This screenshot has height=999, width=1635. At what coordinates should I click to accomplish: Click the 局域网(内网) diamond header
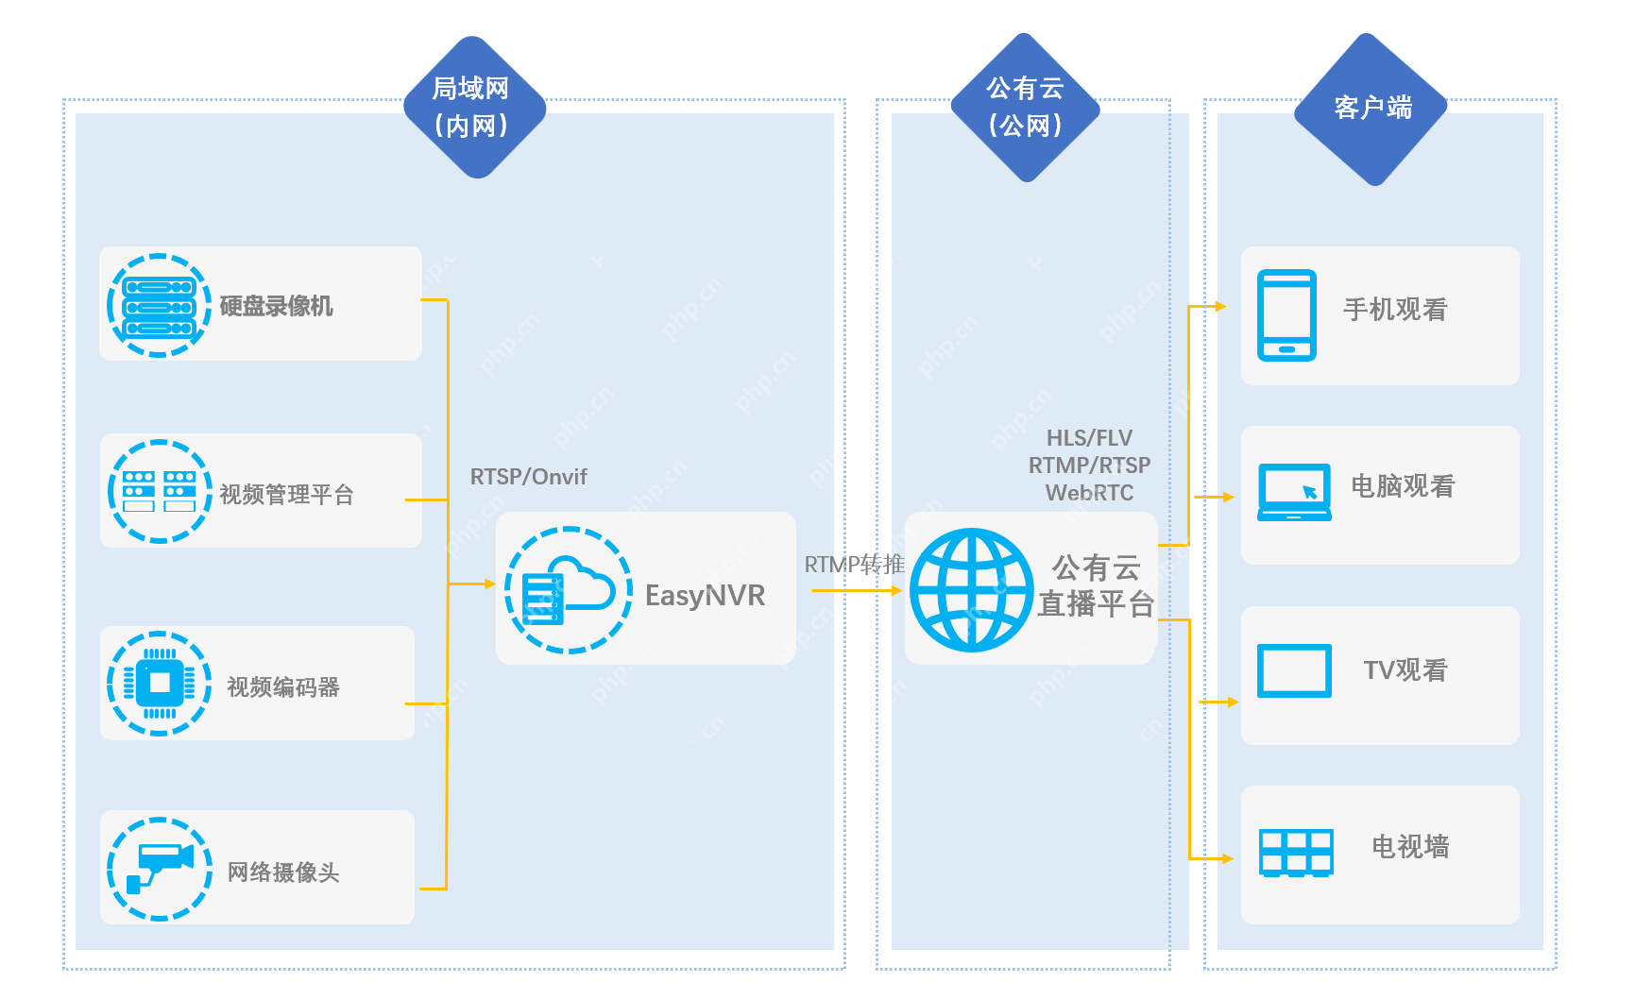pyautogui.click(x=474, y=107)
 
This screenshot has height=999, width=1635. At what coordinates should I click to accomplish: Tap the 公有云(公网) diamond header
pyautogui.click(x=1025, y=107)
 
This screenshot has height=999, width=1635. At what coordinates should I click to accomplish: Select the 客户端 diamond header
pyautogui.click(x=1371, y=109)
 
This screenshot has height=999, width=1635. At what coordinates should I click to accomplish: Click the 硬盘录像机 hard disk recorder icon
pyautogui.click(x=159, y=306)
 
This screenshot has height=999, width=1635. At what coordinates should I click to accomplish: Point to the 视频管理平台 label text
pyautogui.click(x=286, y=495)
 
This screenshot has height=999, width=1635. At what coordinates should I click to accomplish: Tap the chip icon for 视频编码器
pyautogui.click(x=159, y=683)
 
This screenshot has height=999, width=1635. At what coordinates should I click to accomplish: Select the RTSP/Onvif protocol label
pyautogui.click(x=528, y=477)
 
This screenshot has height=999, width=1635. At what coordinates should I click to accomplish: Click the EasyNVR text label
pyautogui.click(x=705, y=596)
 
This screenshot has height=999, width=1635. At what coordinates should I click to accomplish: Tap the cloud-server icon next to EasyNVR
pyautogui.click(x=568, y=590)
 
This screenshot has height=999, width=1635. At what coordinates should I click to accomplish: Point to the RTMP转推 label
pyautogui.click(x=854, y=565)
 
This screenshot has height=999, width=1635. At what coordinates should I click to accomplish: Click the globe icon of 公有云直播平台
pyautogui.click(x=971, y=590)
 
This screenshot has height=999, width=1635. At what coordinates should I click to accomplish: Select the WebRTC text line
pyautogui.click(x=1089, y=493)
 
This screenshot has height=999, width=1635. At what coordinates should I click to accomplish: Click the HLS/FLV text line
pyautogui.click(x=1089, y=438)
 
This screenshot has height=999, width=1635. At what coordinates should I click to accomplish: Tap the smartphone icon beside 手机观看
pyautogui.click(x=1286, y=315)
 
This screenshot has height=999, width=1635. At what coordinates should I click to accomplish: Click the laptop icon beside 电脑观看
pyautogui.click(x=1294, y=492)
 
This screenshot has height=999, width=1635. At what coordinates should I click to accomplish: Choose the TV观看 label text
pyautogui.click(x=1405, y=670)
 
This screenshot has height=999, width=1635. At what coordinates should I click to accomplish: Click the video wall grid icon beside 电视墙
pyautogui.click(x=1296, y=853)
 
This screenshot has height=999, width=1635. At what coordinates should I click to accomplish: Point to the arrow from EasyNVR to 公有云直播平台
pyautogui.click(x=855, y=591)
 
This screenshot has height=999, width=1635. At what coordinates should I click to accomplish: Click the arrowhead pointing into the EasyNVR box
pyautogui.click(x=489, y=584)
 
